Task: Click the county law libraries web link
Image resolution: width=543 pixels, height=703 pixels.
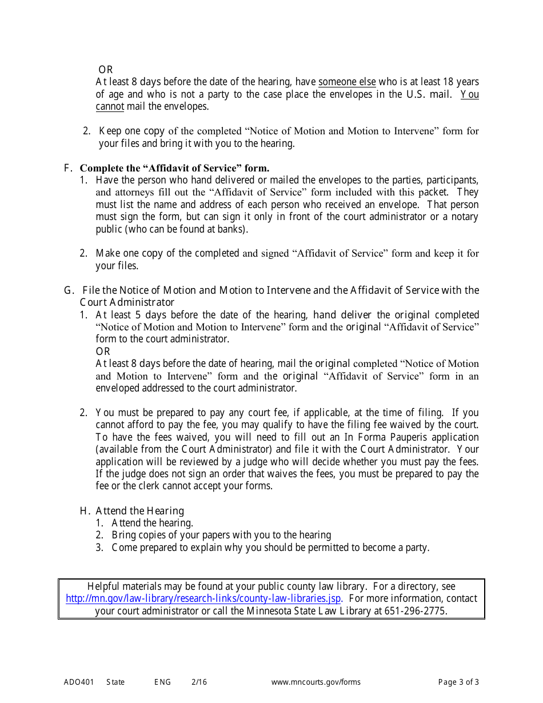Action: click(203, 598)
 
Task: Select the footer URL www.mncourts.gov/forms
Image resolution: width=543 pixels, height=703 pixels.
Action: click(316, 682)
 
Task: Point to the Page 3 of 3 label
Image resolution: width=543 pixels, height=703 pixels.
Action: click(458, 682)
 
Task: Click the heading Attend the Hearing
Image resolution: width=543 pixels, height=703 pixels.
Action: click(139, 511)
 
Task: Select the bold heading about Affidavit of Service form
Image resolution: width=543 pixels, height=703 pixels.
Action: click(174, 168)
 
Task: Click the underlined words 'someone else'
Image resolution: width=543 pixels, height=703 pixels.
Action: click(347, 82)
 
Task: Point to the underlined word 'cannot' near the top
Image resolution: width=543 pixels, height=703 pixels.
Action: click(110, 106)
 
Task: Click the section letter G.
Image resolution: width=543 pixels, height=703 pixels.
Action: click(69, 290)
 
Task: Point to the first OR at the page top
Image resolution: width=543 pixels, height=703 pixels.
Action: click(106, 70)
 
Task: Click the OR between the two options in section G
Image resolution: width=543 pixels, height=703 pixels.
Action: click(103, 351)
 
